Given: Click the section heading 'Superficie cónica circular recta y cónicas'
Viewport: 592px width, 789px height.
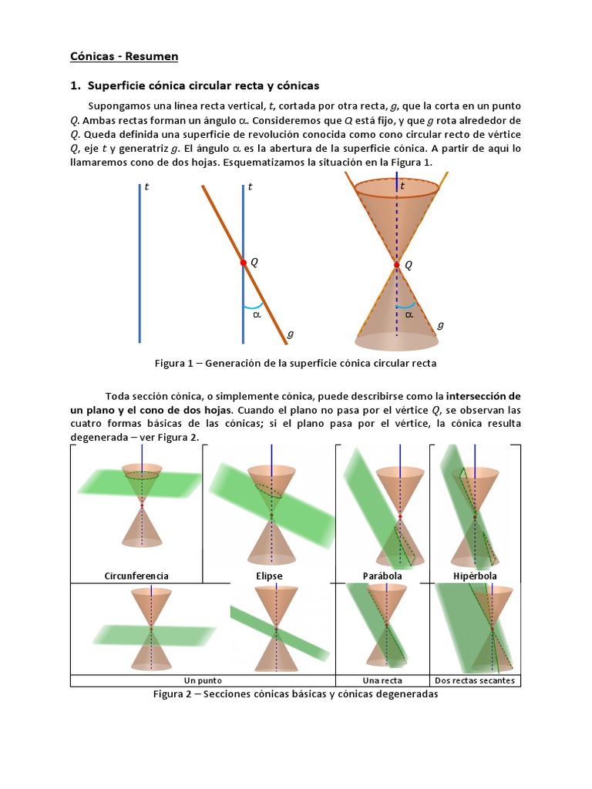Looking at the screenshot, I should pyautogui.click(x=203, y=85).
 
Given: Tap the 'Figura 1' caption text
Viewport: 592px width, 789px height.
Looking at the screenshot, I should pyautogui.click(x=295, y=363).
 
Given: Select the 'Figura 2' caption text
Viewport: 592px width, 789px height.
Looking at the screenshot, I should pyautogui.click(x=295, y=694).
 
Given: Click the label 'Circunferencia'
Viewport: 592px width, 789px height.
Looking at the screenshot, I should pyautogui.click(x=136, y=576).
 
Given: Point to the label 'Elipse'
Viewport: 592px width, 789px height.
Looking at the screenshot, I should pyautogui.click(x=269, y=576).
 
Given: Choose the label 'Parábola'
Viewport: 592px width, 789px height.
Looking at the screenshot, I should pyautogui.click(x=383, y=576).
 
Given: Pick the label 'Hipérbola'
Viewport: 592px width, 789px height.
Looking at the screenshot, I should pyautogui.click(x=475, y=576).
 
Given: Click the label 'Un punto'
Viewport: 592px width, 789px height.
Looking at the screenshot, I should pyautogui.click(x=203, y=680).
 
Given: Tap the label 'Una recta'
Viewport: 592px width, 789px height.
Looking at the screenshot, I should pyautogui.click(x=382, y=680).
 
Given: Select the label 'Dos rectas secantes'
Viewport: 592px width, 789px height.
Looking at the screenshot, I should pyautogui.click(x=475, y=680).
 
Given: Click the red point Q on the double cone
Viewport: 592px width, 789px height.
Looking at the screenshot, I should pyautogui.click(x=397, y=264).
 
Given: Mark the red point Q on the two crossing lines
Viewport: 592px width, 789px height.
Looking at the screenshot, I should pyautogui.click(x=243, y=263).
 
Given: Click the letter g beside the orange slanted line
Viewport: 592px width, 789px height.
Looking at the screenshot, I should pyautogui.click(x=290, y=334).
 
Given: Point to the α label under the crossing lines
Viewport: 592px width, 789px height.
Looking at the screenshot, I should pyautogui.click(x=257, y=314).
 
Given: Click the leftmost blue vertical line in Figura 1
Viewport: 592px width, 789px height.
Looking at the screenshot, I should pyautogui.click(x=140, y=262).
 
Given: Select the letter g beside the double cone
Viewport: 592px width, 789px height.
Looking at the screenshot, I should pyautogui.click(x=440, y=324).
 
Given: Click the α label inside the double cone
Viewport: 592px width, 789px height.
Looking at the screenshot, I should pyautogui.click(x=409, y=314).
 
